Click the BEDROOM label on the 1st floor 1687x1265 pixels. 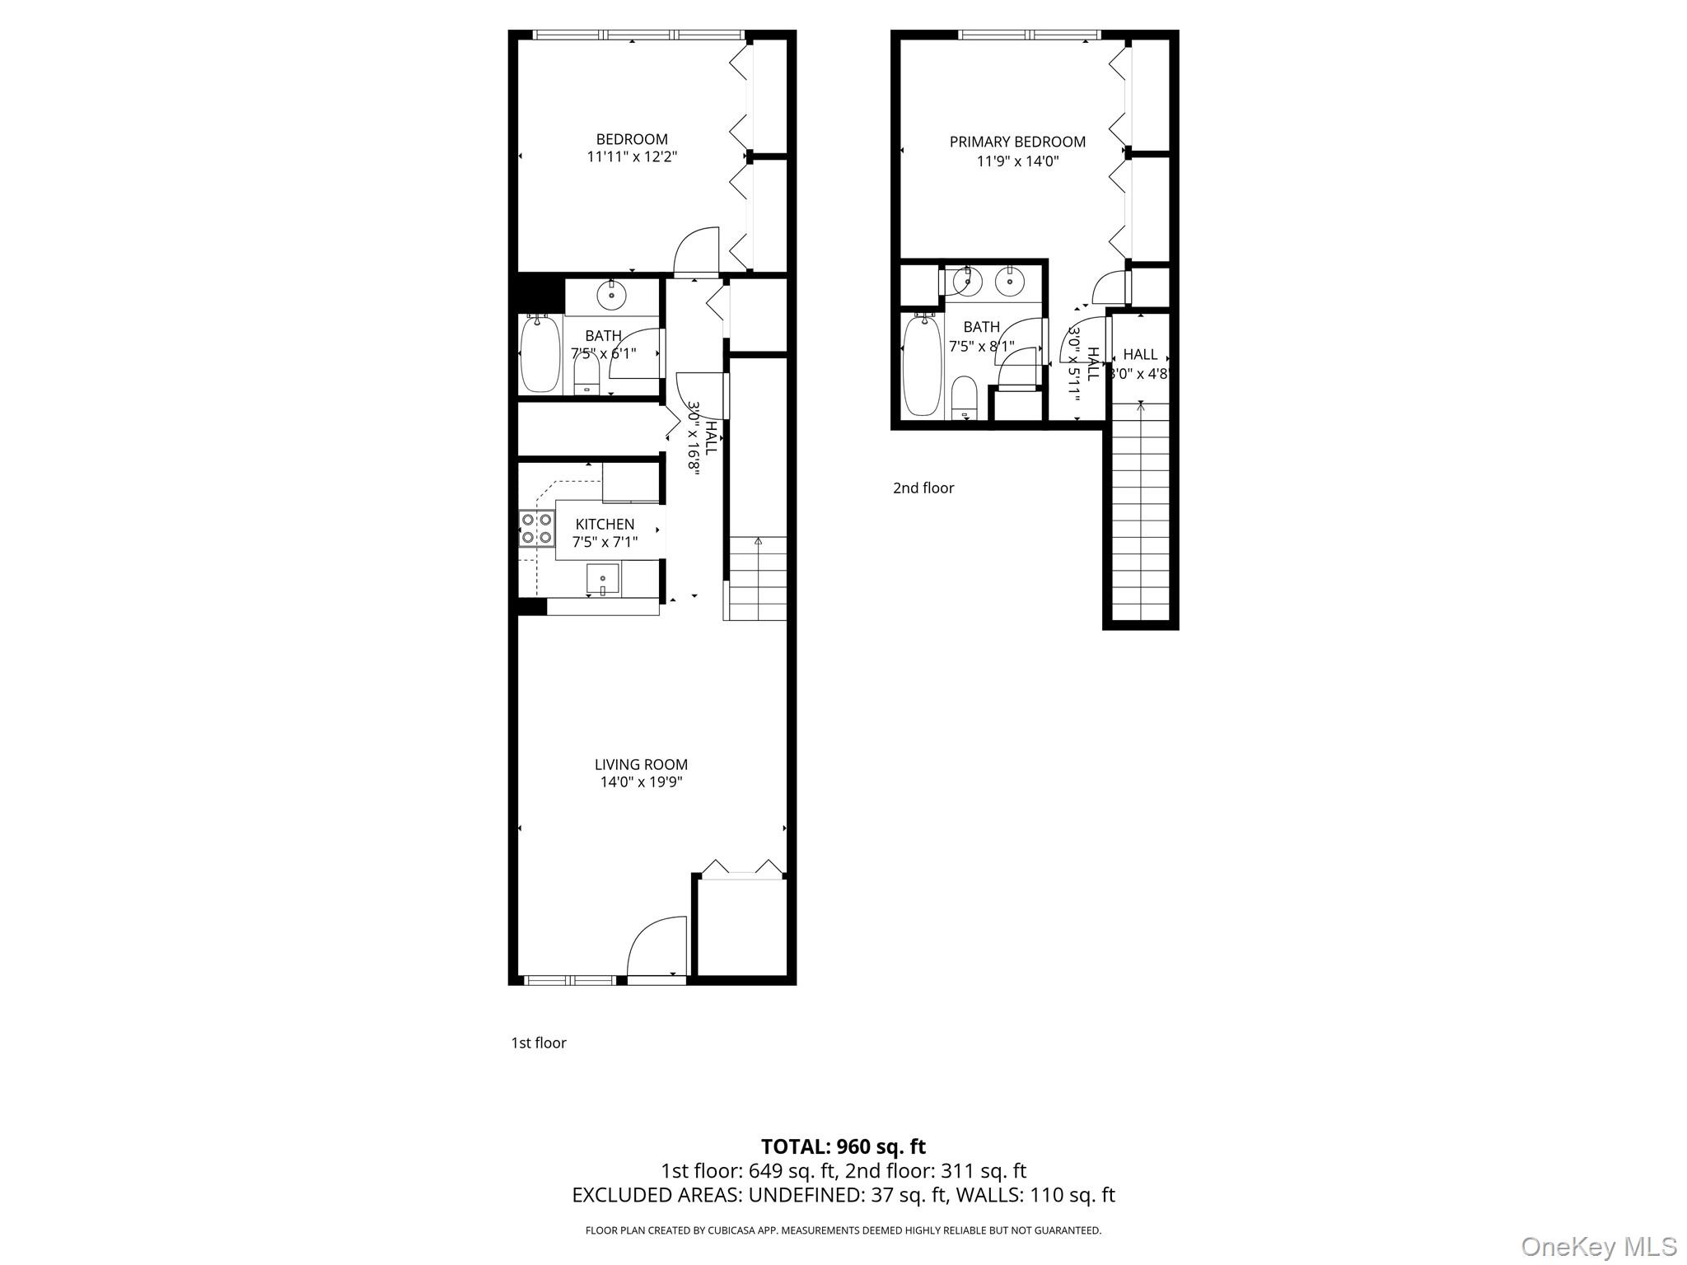click(632, 139)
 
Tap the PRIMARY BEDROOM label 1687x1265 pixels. click(1017, 142)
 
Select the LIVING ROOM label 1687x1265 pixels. click(641, 764)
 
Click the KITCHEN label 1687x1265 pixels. click(605, 524)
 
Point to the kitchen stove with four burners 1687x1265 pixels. click(536, 529)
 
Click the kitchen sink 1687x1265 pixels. click(603, 580)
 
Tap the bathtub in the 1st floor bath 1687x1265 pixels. click(540, 355)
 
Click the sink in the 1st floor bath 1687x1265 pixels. click(612, 294)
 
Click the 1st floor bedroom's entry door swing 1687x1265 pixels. click(697, 252)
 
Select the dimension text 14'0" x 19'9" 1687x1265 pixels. click(641, 782)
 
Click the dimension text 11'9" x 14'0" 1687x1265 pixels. click(1017, 161)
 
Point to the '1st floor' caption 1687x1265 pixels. click(539, 1043)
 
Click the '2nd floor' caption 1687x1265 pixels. click(923, 488)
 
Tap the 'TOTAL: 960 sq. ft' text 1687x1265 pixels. click(843, 1146)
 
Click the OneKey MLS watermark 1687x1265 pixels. click(1598, 1246)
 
